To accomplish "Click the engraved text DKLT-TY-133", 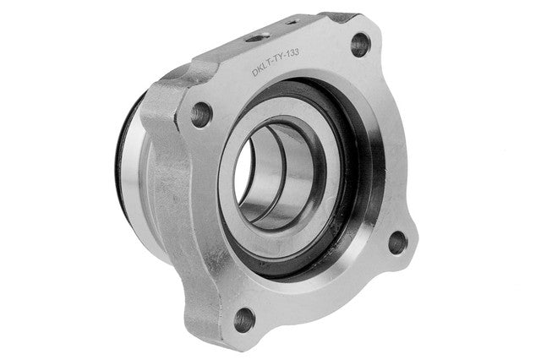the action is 276,63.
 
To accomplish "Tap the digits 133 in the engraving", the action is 292,54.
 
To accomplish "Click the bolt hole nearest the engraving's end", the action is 361,45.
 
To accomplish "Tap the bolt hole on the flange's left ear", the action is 201,114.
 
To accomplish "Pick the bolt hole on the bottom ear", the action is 244,320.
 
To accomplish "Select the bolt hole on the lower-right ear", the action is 398,243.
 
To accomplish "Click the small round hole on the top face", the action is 257,37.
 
